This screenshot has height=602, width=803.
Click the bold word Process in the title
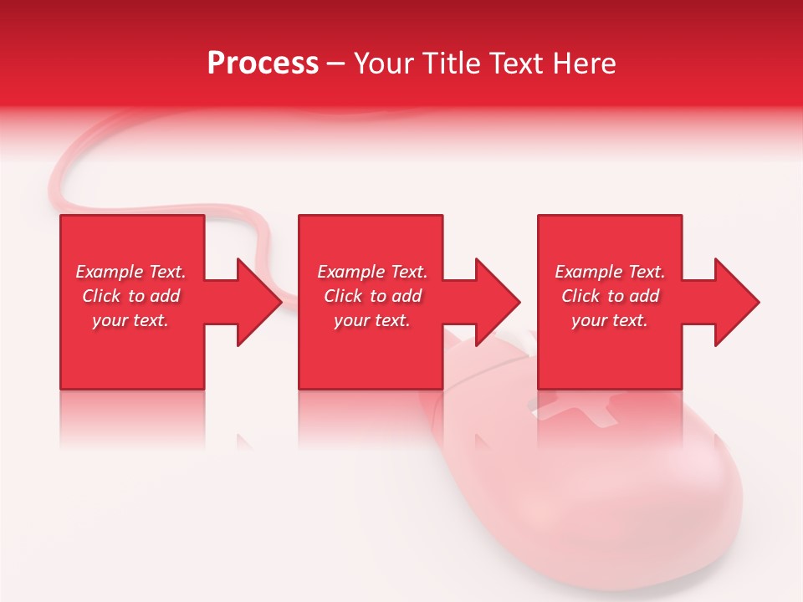click(x=263, y=64)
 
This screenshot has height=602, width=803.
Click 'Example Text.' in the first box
click(x=130, y=272)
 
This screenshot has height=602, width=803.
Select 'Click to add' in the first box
click(x=130, y=296)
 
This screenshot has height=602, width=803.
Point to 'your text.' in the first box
click(x=130, y=320)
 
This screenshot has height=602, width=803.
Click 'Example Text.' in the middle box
click(x=372, y=272)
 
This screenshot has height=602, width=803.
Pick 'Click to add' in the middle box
click(x=372, y=296)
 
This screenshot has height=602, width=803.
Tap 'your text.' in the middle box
click(x=372, y=320)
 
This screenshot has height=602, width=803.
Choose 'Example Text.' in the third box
click(x=610, y=272)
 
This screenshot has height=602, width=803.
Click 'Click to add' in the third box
click(x=610, y=296)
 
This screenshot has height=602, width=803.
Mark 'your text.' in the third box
click(x=610, y=320)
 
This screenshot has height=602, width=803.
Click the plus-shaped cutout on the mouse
click(x=577, y=410)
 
